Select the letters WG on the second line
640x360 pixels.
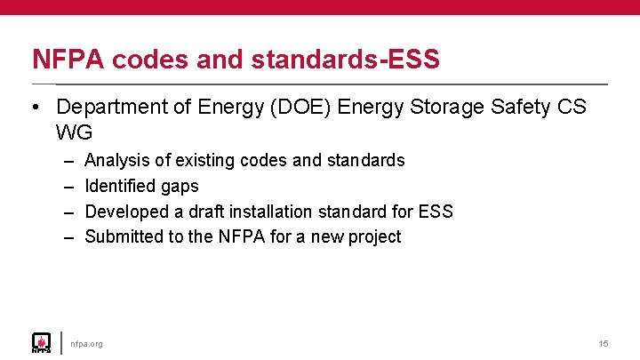click(74, 132)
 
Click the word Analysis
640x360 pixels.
click(116, 161)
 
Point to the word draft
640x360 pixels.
click(205, 212)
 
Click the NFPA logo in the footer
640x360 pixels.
click(41, 342)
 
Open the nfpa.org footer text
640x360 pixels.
click(87, 344)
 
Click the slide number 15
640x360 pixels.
click(604, 344)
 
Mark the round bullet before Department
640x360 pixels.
click(35, 108)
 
